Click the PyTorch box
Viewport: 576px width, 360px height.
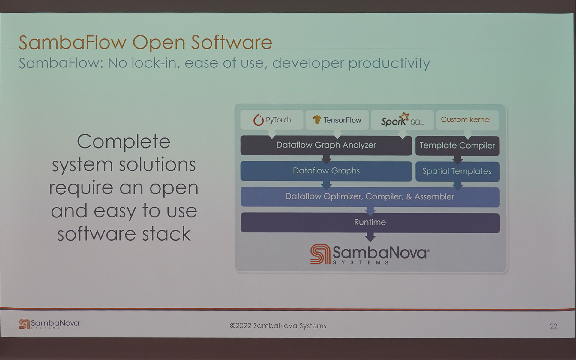point(272,120)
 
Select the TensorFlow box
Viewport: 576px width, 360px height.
point(337,120)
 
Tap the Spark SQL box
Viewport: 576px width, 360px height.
point(402,120)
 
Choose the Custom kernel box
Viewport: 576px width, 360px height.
point(467,120)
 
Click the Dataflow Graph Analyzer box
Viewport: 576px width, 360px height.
point(326,145)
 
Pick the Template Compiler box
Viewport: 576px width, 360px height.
point(457,145)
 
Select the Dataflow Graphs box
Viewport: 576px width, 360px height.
point(326,171)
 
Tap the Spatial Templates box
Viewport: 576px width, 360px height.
point(457,171)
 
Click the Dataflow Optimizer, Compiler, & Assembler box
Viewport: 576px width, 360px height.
point(370,197)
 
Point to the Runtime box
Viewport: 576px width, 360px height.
point(370,223)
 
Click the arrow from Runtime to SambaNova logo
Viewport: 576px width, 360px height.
point(370,237)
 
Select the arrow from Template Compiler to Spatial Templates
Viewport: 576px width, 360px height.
point(457,160)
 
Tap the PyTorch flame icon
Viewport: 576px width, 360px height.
point(258,120)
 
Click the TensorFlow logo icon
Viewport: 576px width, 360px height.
point(317,119)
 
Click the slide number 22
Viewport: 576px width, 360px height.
point(553,326)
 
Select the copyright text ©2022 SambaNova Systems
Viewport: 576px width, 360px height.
point(278,326)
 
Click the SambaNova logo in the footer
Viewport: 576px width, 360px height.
point(50,324)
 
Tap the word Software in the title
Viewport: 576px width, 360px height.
point(232,42)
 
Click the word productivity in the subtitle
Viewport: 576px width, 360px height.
point(389,64)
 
